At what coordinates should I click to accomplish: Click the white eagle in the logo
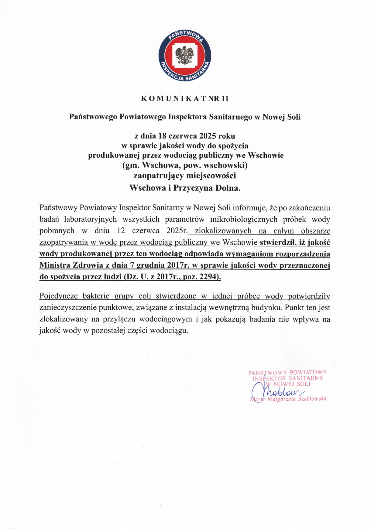[184, 56]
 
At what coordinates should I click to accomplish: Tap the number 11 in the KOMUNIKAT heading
[225, 99]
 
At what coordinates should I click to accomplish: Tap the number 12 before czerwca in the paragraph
[121, 231]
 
